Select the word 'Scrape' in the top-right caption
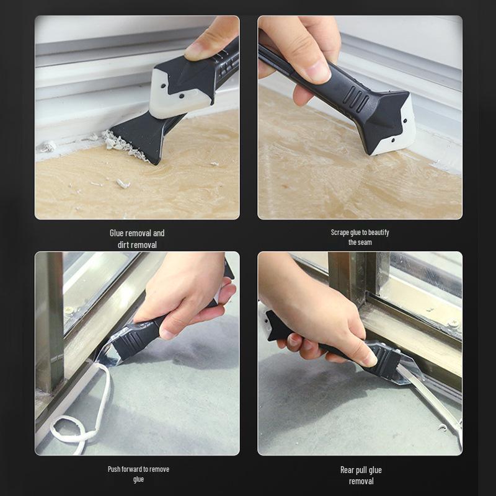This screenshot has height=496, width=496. point(340,232)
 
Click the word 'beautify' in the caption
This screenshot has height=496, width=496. point(377,232)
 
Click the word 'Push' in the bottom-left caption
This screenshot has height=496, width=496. point(114,469)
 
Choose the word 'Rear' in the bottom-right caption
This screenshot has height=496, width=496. point(348,470)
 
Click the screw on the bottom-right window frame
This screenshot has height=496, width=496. point(454,324)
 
